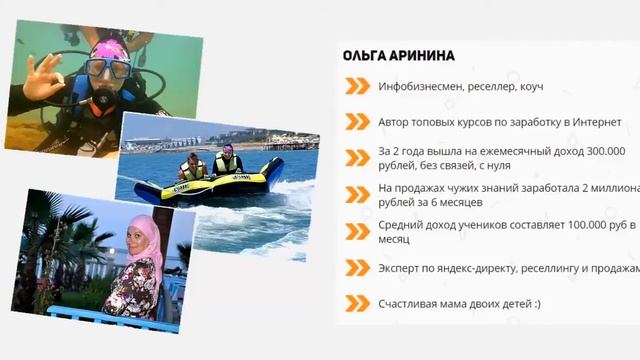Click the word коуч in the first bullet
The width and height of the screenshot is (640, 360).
click(x=530, y=87)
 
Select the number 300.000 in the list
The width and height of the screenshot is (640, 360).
click(x=599, y=150)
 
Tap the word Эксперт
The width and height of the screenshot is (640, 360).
click(x=400, y=267)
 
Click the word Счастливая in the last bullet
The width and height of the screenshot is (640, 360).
click(x=413, y=302)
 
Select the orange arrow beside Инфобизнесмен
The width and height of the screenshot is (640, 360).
click(x=357, y=87)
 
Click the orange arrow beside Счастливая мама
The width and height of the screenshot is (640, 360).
click(x=357, y=302)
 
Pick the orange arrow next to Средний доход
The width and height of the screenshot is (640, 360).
click(x=357, y=231)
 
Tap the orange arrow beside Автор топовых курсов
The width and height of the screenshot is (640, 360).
click(x=357, y=122)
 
